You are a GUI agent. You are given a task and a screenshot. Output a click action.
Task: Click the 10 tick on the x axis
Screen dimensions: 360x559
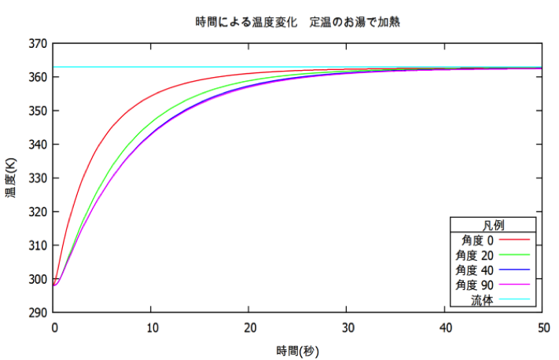click(x=152, y=327)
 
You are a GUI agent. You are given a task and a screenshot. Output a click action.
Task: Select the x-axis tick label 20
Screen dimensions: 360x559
click(x=249, y=327)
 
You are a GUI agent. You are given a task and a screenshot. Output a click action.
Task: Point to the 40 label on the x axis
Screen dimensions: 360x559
click(x=444, y=327)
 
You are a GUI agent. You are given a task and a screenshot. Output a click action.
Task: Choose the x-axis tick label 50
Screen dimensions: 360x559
click(x=542, y=327)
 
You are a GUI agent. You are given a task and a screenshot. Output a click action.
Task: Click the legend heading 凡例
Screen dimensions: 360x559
click(x=492, y=225)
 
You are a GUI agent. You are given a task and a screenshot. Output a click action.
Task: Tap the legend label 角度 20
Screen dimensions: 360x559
click(x=473, y=255)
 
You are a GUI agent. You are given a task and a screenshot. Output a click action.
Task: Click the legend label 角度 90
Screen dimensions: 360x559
click(x=473, y=284)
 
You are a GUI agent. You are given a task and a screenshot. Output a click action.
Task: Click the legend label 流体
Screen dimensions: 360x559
click(x=481, y=299)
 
